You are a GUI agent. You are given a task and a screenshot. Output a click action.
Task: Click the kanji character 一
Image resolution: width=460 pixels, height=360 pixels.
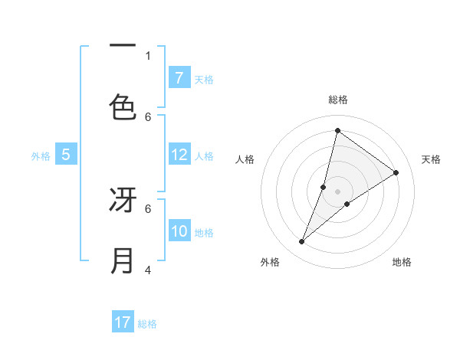[x=123, y=47]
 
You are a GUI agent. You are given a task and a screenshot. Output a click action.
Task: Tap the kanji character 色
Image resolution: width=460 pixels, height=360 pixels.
[x=123, y=107]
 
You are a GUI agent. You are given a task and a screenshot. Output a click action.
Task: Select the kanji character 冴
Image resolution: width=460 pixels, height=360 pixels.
[x=123, y=201]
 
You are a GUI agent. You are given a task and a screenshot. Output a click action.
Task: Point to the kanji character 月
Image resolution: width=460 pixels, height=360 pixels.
[x=123, y=261]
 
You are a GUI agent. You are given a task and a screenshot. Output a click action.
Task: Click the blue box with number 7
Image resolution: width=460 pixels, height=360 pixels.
[x=179, y=78]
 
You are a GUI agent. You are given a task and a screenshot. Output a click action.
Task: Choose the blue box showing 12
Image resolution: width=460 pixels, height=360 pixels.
[x=179, y=155]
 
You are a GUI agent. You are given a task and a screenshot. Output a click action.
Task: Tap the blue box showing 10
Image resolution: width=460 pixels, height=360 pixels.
[x=179, y=232]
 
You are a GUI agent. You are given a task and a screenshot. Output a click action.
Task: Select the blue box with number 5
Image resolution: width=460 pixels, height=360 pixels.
[x=66, y=155]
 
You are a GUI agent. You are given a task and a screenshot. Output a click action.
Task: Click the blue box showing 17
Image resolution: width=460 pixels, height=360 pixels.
[x=123, y=322]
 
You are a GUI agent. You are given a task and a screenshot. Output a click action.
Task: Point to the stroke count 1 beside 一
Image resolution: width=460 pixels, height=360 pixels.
[x=148, y=55]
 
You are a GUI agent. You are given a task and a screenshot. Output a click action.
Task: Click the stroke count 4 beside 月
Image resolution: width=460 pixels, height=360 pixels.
[x=148, y=270]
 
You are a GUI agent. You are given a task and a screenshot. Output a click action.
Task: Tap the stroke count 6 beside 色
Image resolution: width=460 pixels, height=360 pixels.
[x=148, y=116]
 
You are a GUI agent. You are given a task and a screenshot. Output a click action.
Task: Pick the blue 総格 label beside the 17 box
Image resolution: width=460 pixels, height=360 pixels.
[x=147, y=324]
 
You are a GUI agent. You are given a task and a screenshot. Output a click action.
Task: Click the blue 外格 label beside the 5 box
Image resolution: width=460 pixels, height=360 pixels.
[x=41, y=156]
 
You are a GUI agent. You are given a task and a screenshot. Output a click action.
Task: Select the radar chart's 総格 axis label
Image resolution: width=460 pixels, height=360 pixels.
[x=337, y=100]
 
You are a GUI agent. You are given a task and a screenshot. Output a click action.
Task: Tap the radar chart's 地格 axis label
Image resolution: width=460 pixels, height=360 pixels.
[x=402, y=262]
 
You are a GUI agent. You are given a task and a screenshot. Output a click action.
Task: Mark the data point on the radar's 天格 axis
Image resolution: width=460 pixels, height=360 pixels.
[x=396, y=172]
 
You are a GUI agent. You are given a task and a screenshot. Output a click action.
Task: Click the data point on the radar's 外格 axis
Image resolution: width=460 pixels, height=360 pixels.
[x=302, y=242]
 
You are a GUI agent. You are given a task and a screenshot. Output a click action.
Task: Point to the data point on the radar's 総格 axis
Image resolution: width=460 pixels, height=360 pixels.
[x=337, y=130]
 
